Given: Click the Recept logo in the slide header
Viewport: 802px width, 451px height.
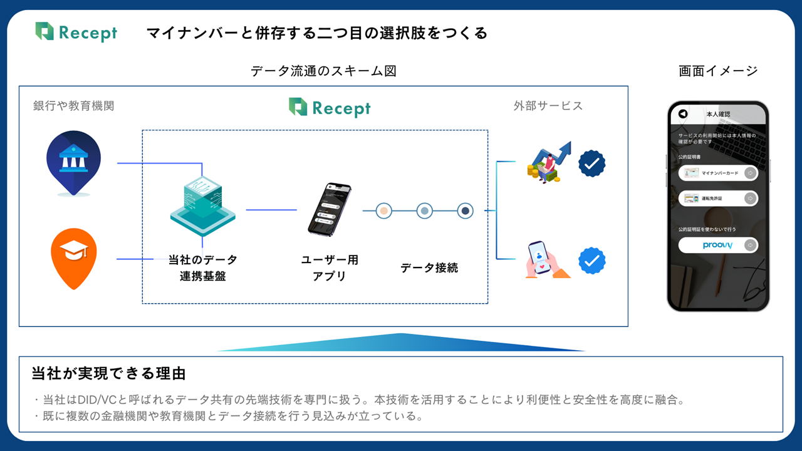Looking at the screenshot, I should [76, 32].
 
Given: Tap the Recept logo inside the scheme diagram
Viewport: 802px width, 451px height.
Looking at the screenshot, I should [330, 107].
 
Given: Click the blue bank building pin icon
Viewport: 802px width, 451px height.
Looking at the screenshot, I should [74, 162].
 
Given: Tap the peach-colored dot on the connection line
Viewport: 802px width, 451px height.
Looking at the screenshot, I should [383, 211].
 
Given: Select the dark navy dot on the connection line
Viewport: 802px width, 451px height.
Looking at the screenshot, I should [465, 211].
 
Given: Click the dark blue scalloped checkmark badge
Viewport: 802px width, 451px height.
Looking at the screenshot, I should [591, 164].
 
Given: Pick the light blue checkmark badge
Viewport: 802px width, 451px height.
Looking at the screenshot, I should [591, 261].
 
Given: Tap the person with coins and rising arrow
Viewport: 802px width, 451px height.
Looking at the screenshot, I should [548, 162].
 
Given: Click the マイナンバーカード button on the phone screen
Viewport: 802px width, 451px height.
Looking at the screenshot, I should [718, 173].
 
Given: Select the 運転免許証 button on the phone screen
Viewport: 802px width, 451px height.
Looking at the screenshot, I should [718, 199].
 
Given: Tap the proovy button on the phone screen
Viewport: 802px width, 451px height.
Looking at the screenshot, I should [718, 245].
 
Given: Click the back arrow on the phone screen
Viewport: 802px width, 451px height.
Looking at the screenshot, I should [683, 114].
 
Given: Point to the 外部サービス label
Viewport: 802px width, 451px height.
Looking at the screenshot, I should [548, 106].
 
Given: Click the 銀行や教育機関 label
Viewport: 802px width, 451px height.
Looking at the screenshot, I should [74, 106].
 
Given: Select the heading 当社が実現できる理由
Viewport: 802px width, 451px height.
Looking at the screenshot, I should [109, 374].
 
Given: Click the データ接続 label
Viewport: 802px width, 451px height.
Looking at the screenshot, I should [429, 267].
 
